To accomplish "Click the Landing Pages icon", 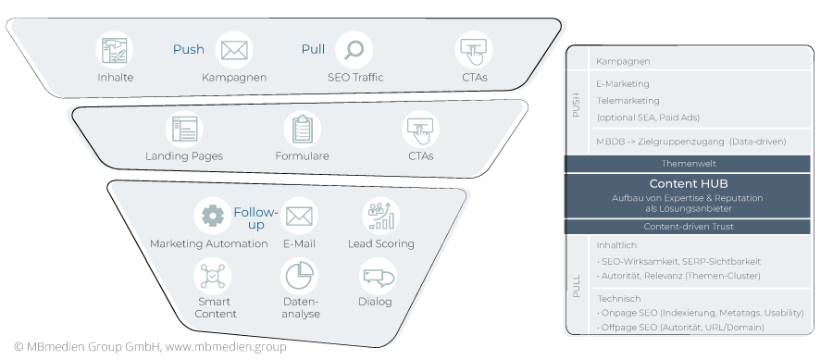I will pyautogui.click(x=183, y=129).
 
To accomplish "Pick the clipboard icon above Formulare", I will pyautogui.click(x=302, y=129).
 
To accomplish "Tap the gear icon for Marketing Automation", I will pyautogui.click(x=212, y=217).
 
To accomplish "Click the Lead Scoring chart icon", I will pyautogui.click(x=380, y=216).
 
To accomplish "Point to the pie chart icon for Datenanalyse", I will pyautogui.click(x=299, y=276).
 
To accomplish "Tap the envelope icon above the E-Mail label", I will pyautogui.click(x=299, y=217).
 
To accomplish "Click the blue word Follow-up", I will pyautogui.click(x=255, y=218).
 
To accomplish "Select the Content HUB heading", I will pyautogui.click(x=689, y=183).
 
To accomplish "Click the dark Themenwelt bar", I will pyautogui.click(x=689, y=163).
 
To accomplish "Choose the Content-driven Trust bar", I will pyautogui.click(x=689, y=226).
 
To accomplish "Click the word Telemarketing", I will pyautogui.click(x=628, y=100).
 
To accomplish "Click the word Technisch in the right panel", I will pyautogui.click(x=618, y=299).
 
